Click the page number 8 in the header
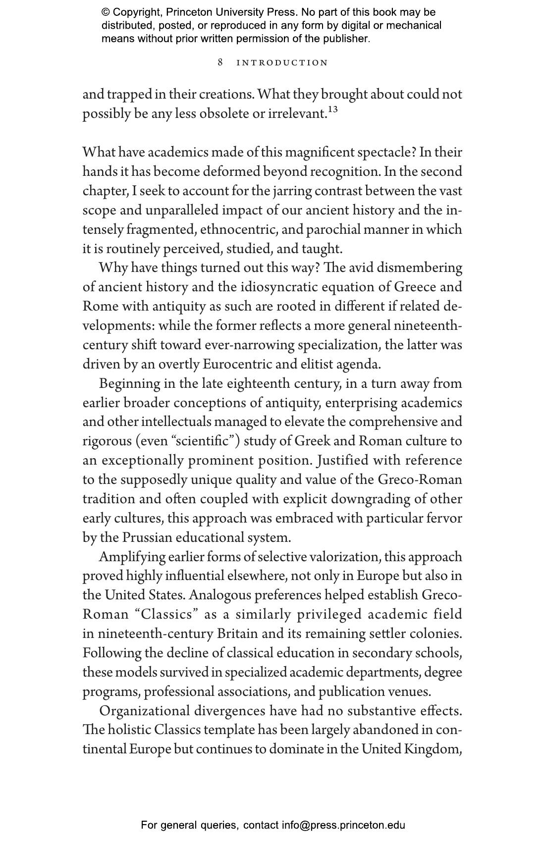(x=220, y=62)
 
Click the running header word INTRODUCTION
(x=282, y=63)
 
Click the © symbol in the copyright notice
(x=106, y=12)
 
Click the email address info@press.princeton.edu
(x=343, y=825)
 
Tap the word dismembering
(x=419, y=268)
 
